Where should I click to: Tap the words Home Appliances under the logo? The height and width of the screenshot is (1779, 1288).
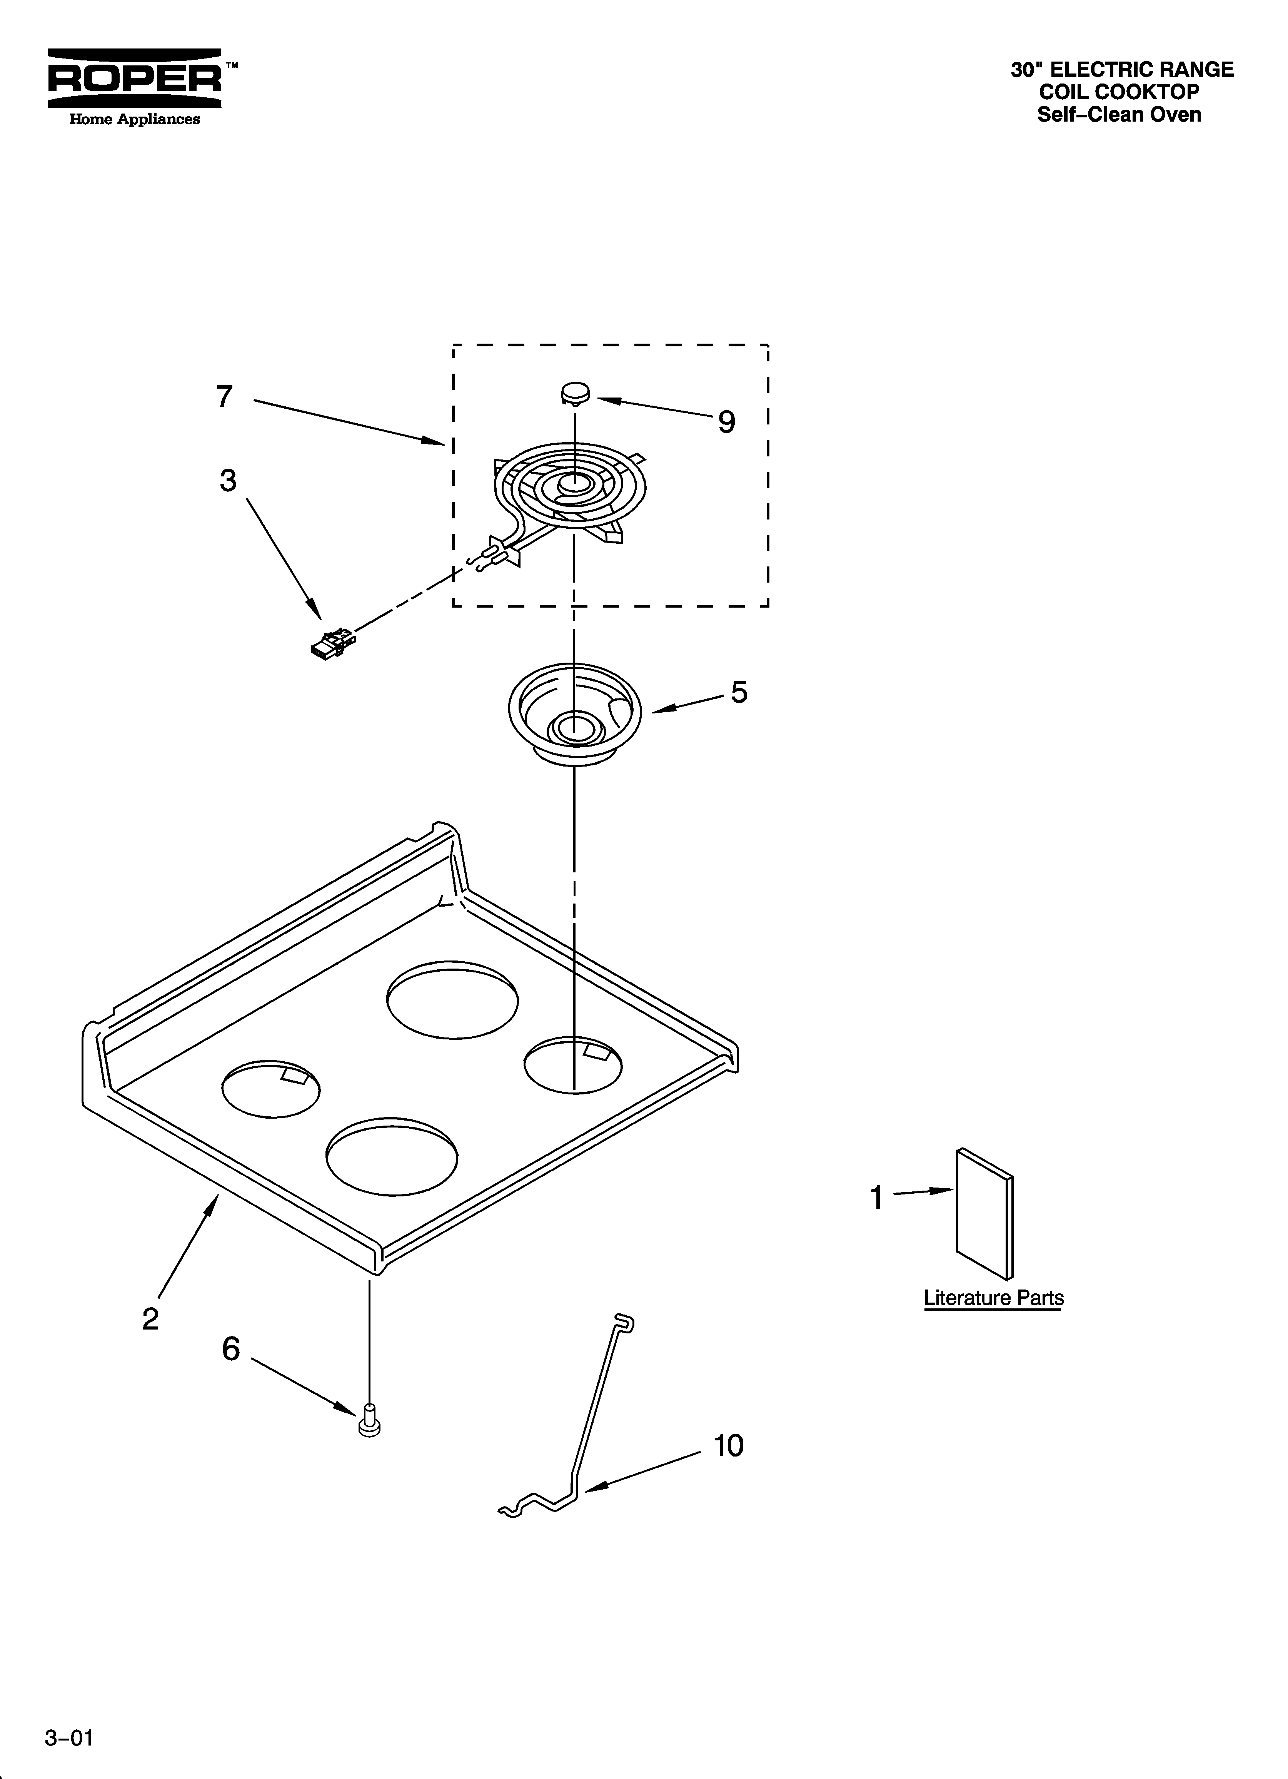[x=135, y=119]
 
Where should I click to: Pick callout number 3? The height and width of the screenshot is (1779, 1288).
[x=228, y=480]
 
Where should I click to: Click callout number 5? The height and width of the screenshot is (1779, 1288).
[x=739, y=692]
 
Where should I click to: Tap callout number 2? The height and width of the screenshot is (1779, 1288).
[x=150, y=1320]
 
